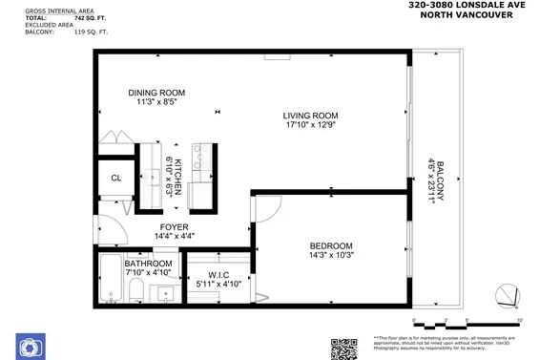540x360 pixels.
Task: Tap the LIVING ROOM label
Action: [311, 116]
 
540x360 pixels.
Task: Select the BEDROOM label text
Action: [331, 245]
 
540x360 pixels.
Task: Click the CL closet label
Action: [115, 178]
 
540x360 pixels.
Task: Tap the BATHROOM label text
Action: [148, 264]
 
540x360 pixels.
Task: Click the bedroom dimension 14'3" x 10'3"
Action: [331, 255]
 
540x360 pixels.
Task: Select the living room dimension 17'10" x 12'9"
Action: [311, 125]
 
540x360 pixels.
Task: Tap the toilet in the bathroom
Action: [135, 290]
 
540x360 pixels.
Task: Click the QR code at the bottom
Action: [343, 348]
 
